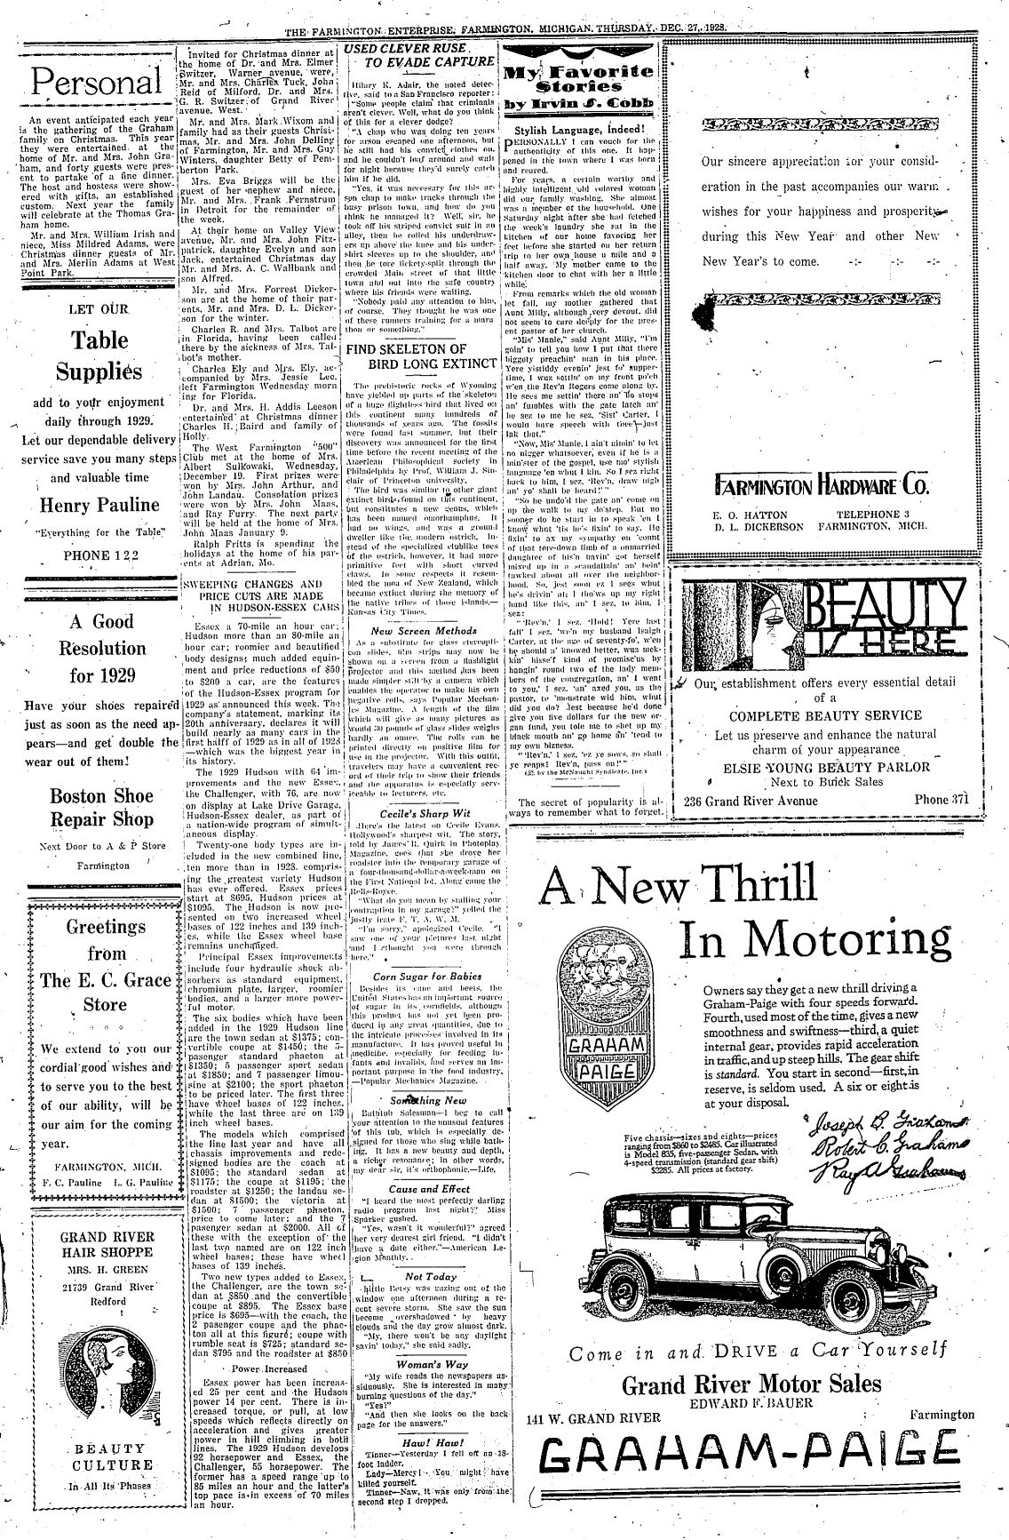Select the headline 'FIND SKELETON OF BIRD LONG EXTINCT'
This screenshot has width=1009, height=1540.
click(419, 356)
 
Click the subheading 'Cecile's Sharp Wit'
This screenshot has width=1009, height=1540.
click(419, 787)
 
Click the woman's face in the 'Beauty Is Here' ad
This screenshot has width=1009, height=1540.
click(748, 622)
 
